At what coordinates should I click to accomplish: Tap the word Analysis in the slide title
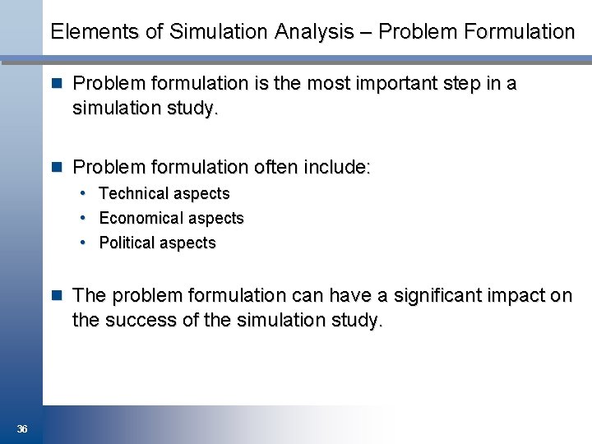point(313,32)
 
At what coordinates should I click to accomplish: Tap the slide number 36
point(22,429)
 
